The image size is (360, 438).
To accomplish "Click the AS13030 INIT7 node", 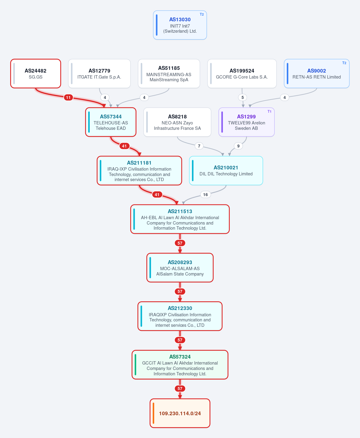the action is point(180,25).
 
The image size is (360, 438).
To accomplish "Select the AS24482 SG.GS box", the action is point(35,73).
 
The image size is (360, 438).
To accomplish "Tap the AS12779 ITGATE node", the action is point(99,73).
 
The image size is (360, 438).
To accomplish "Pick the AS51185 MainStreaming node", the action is point(169,73).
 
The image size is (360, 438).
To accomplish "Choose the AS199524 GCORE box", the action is point(242,73).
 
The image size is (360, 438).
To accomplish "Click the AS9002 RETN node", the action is point(316,73).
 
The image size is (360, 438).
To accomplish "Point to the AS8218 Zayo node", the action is point(177,122).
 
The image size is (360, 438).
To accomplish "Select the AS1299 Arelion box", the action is point(247,122).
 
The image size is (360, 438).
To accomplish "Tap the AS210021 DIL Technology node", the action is point(226,171).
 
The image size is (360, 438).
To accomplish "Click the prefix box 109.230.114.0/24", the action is point(180,413).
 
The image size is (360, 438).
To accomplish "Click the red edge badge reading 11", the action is point(68,97).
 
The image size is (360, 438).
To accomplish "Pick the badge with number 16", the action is point(205,195).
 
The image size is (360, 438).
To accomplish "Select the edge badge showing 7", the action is point(199,146).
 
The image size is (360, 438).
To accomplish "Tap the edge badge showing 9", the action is point(238,146).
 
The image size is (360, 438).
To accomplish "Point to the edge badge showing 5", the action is point(243,97).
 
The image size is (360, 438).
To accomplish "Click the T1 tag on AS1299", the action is point(269,112).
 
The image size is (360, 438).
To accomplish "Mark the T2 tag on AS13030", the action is point(202,14).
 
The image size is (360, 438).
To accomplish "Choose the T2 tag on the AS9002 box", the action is point(344,63).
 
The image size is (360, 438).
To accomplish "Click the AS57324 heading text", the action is point(180,357).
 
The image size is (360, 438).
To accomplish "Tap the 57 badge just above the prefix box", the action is point(180,389).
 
